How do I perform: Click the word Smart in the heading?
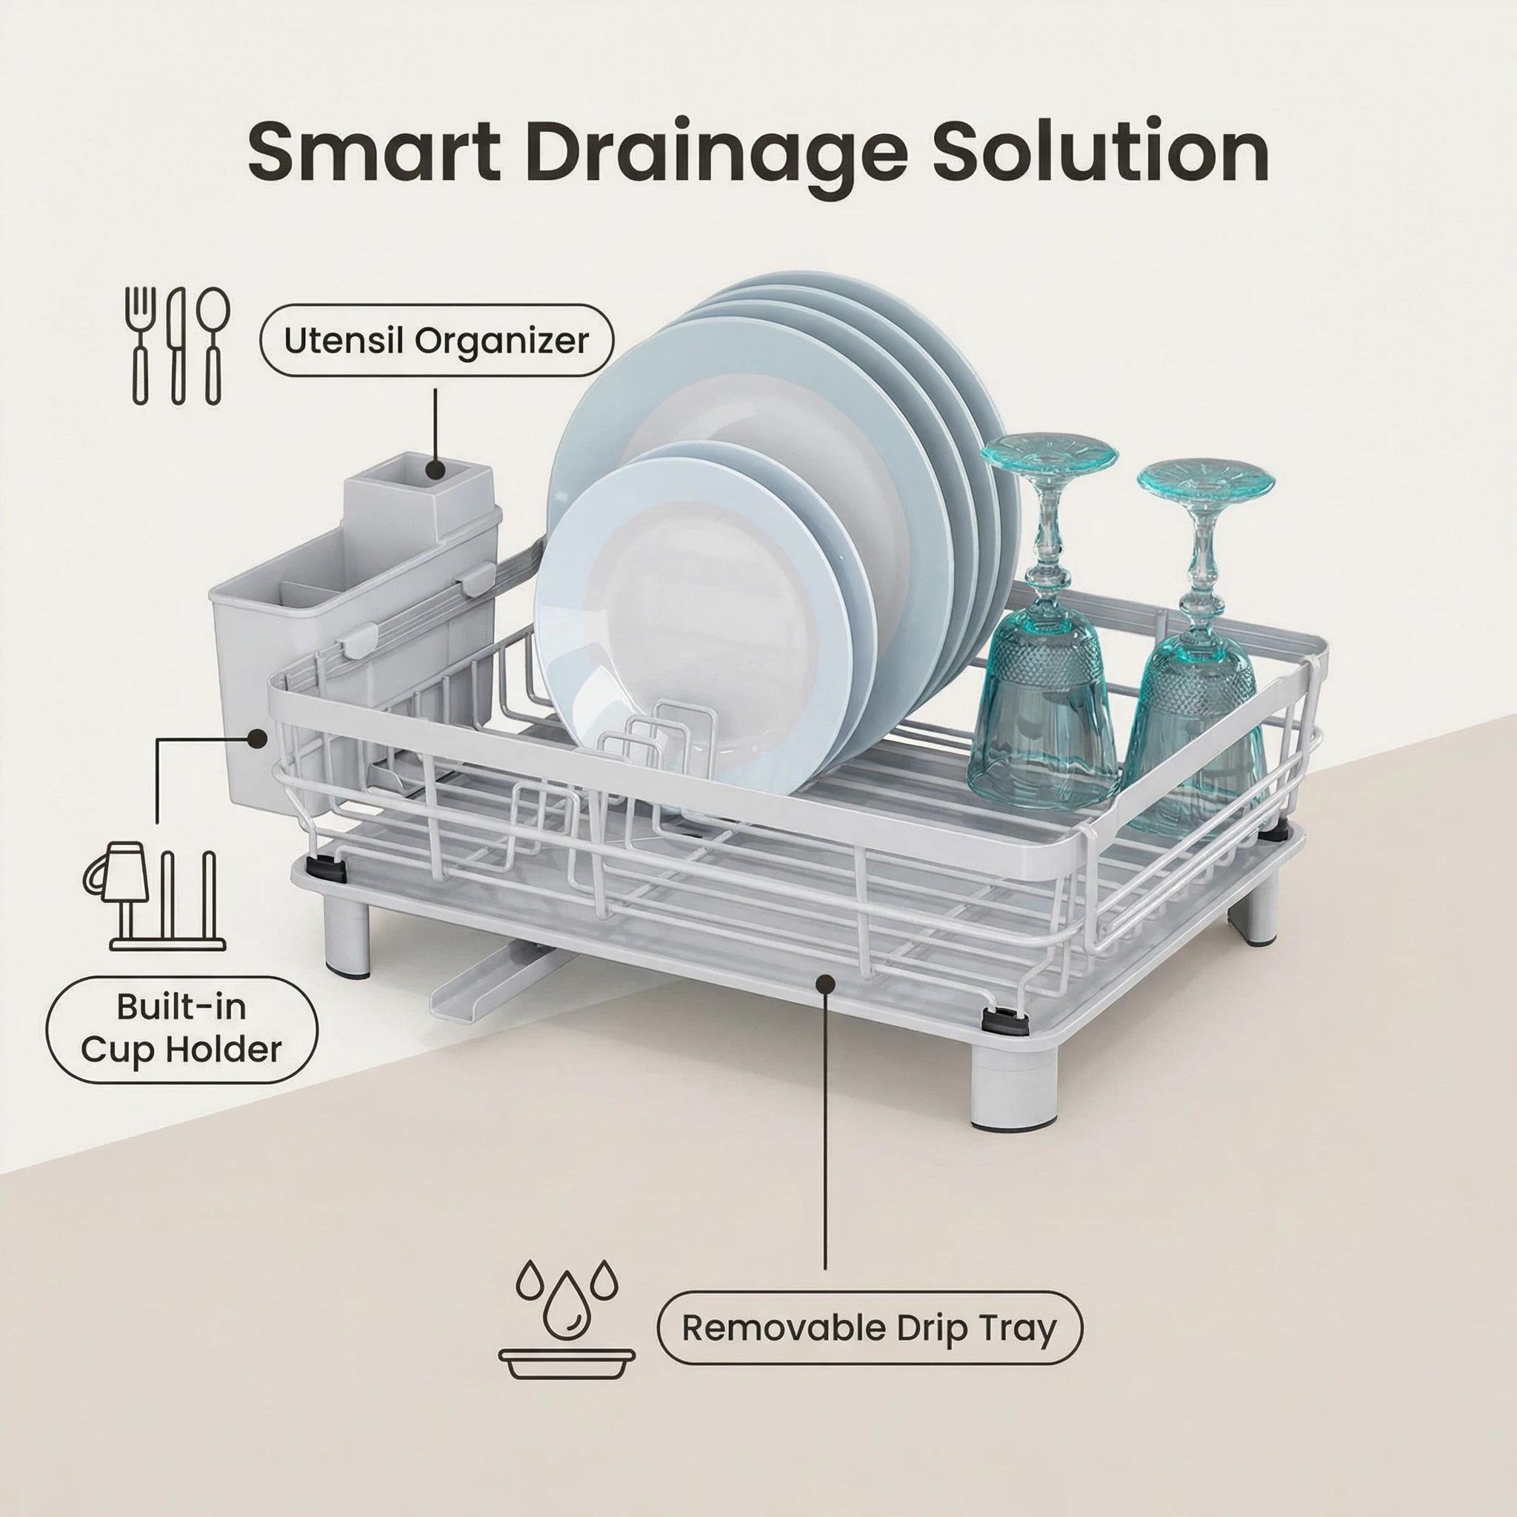tap(374, 152)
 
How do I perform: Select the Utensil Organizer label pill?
tap(436, 341)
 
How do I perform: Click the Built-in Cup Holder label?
tap(181, 1030)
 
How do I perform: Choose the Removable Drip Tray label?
tap(869, 1328)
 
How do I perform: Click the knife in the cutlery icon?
tap(178, 345)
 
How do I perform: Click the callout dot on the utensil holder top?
tap(435, 470)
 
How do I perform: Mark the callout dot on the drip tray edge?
tap(825, 982)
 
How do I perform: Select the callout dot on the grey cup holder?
tap(256, 738)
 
